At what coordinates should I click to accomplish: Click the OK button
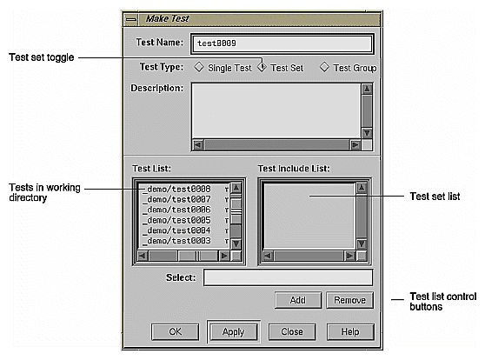coord(176,331)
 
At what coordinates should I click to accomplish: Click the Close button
coord(291,331)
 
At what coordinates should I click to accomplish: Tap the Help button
coord(349,331)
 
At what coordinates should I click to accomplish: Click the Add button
coord(297,300)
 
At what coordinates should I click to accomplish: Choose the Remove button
coord(349,300)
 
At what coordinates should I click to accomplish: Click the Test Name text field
coord(282,43)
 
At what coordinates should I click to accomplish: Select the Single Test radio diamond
coord(198,67)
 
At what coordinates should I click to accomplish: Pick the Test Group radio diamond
coord(325,67)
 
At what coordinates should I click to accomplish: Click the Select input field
coord(288,277)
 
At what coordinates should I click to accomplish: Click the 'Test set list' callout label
coord(434,197)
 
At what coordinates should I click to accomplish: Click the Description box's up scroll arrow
coord(367,89)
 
